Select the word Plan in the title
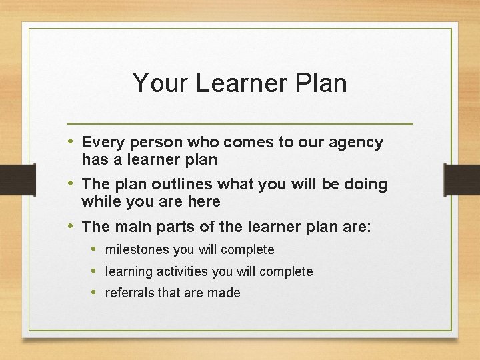(x=321, y=83)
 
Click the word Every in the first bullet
(x=103, y=142)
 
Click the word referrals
(x=130, y=293)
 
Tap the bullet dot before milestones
(x=95, y=249)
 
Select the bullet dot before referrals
(x=95, y=293)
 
